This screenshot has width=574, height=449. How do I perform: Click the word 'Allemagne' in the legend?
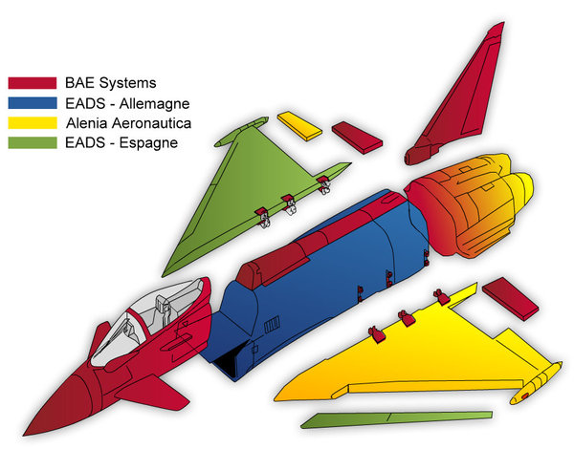tap(154, 102)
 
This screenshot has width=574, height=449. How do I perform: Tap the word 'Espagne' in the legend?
tap(149, 142)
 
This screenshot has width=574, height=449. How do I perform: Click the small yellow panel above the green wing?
tap(299, 126)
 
